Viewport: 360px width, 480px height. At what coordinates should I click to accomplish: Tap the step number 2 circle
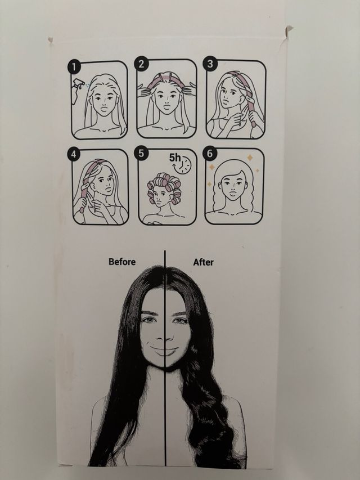(x=142, y=65)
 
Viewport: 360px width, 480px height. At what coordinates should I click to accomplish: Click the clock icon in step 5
(x=184, y=164)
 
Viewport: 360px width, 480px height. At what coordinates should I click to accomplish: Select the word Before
(x=123, y=262)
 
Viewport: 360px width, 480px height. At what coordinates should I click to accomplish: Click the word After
(x=203, y=262)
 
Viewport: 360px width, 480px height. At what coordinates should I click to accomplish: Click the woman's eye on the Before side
(x=148, y=320)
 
